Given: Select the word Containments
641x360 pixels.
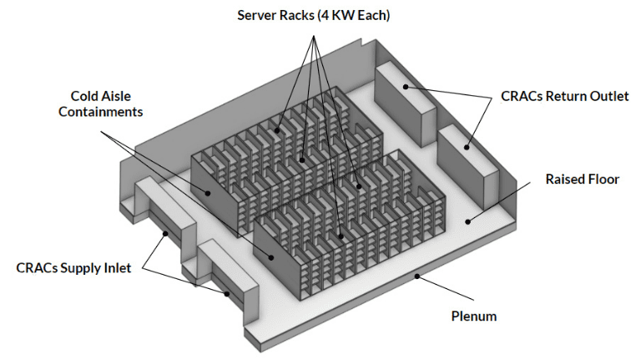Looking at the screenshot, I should click(x=101, y=112).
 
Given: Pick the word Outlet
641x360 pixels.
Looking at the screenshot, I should click(x=608, y=96).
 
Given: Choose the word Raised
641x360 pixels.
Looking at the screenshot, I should click(x=564, y=180).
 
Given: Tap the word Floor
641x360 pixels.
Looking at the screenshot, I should click(x=603, y=180).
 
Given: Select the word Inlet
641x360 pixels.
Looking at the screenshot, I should click(x=117, y=268).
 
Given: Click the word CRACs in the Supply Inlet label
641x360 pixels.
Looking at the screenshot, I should click(x=37, y=268).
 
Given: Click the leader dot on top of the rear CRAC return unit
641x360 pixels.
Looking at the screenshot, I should click(x=406, y=85).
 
